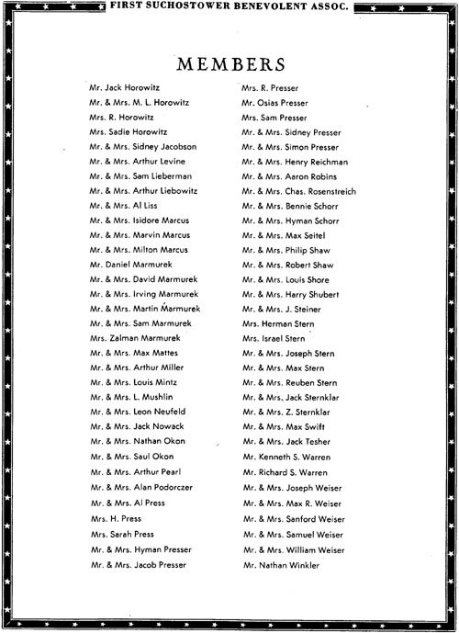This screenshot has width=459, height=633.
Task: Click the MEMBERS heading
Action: (229, 65)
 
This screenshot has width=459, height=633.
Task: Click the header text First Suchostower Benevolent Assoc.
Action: (229, 7)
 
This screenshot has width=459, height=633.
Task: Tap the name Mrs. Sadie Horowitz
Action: (130, 131)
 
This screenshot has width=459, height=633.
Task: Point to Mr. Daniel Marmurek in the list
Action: (131, 264)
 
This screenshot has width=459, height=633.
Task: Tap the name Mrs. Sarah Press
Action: (122, 533)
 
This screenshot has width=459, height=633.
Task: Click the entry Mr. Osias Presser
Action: (274, 102)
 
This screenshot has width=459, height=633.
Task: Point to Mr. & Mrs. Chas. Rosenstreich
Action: (299, 190)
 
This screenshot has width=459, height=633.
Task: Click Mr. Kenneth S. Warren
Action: (285, 456)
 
